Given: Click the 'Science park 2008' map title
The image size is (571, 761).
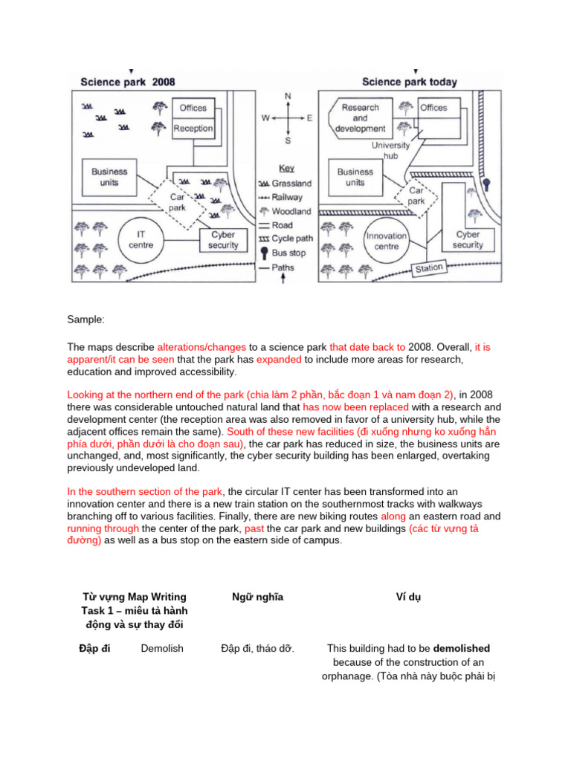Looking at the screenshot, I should point(127,82).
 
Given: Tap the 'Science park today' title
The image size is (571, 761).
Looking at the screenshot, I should point(409,82).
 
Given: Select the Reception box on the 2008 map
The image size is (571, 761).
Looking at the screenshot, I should point(193,129).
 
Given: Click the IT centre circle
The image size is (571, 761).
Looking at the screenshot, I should point(141,240).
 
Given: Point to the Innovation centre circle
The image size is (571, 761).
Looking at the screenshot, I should point(387,241).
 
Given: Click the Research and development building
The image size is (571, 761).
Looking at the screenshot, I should point(360,118).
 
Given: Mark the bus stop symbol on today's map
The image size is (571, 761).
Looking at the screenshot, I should point(487,184).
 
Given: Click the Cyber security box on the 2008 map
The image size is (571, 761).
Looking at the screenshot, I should point(223,240).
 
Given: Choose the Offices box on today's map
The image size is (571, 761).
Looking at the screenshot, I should point(433,108).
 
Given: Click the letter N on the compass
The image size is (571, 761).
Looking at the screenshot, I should point(288,96).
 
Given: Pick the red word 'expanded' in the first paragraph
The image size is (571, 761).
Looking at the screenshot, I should point(279,360).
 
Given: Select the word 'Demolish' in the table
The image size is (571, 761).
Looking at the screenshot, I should point(162,648).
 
